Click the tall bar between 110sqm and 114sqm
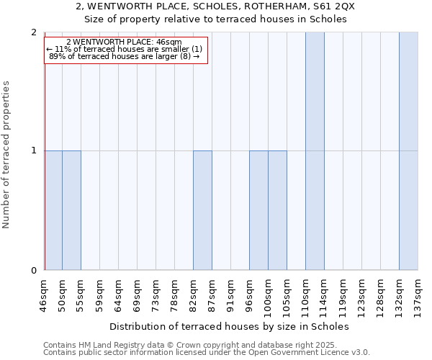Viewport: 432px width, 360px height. pos(315,151)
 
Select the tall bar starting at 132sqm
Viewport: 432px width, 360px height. pos(408,151)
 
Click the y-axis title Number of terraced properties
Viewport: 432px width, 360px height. pos(7,154)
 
